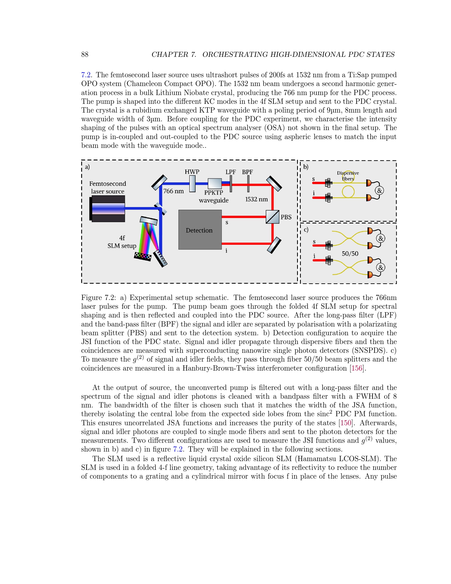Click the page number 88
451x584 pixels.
point(85,54)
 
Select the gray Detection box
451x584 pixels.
point(200,230)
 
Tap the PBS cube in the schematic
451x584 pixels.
point(272,217)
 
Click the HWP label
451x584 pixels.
point(192,172)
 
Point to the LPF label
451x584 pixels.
point(230,172)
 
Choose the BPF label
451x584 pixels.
point(247,172)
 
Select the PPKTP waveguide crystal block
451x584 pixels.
point(215,183)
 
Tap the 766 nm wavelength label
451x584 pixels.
point(174,191)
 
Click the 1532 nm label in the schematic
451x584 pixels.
point(256,199)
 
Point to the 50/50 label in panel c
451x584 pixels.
point(350,254)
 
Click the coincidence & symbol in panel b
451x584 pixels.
point(379,191)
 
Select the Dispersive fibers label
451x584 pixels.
point(348,176)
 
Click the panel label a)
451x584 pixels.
point(87,167)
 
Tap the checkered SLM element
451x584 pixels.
point(143,256)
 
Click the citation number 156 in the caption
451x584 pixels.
point(357,368)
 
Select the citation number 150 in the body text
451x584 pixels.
point(345,423)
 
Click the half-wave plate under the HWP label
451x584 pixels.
point(192,183)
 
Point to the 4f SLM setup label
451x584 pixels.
point(122,242)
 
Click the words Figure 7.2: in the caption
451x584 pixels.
point(99,298)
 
